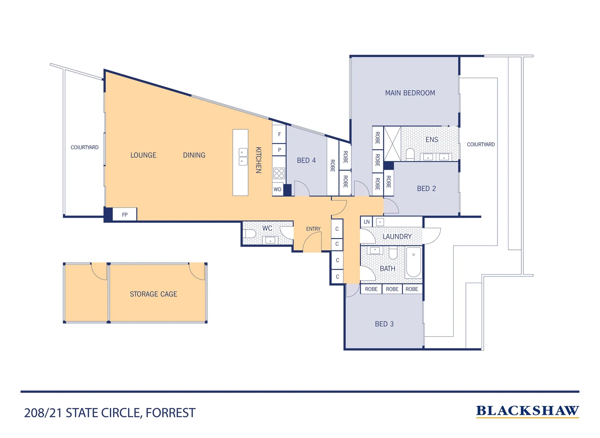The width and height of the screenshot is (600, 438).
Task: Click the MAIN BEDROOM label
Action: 410,93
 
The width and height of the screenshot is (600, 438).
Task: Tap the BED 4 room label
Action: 306,161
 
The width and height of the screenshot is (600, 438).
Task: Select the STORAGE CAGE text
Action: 154,294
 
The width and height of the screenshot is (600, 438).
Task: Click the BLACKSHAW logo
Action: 527,411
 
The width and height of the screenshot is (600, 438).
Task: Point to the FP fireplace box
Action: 124,214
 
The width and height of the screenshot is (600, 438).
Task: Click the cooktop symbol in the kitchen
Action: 279,173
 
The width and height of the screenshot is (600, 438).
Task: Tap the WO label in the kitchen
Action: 277,189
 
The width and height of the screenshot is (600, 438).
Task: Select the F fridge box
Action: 279,134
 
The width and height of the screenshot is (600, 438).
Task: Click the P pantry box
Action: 279,150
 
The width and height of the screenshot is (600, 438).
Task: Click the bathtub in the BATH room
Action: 413,262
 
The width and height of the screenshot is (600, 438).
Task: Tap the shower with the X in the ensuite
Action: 392,144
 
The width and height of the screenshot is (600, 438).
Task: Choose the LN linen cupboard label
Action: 366,222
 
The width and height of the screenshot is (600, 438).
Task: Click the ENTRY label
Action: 313,229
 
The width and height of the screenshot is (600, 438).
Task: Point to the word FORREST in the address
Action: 170,413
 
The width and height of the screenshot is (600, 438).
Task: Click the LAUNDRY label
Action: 397,236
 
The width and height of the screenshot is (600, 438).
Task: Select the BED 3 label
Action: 384,324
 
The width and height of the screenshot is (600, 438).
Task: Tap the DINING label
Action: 194,155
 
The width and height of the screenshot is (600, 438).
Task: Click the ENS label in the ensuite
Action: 432,140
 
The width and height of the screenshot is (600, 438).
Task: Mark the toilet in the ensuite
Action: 410,155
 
